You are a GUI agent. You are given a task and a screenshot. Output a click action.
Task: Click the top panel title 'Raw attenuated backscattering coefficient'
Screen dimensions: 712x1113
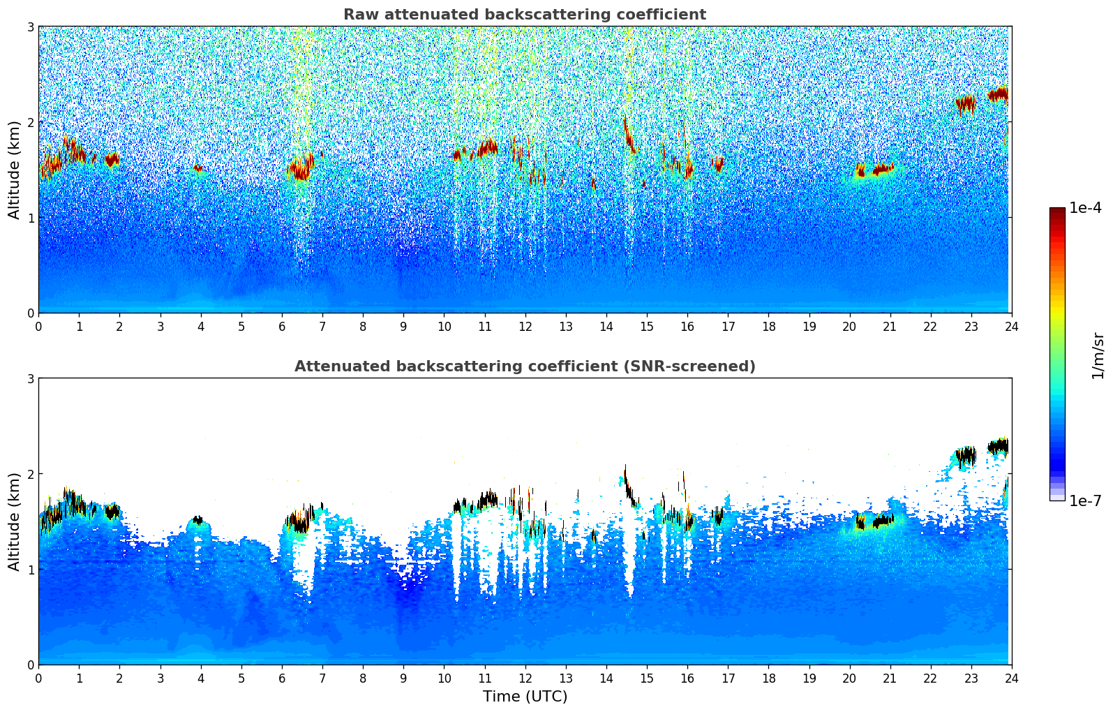[524, 15]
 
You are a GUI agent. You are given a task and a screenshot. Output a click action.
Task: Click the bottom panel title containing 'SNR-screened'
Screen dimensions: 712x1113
[524, 366]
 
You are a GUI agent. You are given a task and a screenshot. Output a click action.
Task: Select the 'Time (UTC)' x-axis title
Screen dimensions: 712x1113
[525, 696]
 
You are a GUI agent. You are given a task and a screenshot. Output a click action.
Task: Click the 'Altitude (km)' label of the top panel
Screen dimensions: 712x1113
[14, 170]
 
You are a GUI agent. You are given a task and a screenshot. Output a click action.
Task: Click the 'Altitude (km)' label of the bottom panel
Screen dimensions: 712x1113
[14, 521]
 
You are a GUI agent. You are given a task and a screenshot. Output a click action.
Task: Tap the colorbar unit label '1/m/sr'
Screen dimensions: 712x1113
[1098, 355]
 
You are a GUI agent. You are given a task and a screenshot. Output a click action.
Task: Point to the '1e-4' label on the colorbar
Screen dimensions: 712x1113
[1085, 208]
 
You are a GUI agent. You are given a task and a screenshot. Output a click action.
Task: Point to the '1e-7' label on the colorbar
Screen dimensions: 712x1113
[1085, 500]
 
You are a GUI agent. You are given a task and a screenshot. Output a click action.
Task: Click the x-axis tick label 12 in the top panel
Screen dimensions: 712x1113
[525, 327]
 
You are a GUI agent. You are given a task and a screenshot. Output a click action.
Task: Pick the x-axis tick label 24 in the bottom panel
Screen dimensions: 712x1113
[1011, 678]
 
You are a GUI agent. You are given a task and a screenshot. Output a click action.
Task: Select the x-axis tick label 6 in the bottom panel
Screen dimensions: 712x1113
[282, 678]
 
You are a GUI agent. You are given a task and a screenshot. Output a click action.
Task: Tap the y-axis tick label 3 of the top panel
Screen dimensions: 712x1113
[31, 27]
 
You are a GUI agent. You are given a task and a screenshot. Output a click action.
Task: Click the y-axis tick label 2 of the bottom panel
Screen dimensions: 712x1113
[31, 474]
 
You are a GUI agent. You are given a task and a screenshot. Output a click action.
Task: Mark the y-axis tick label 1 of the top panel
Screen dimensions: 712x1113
[31, 218]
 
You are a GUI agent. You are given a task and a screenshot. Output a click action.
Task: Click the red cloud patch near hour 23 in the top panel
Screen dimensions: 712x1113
[966, 103]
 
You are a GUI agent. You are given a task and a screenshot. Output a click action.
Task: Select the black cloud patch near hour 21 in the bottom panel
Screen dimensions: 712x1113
[883, 520]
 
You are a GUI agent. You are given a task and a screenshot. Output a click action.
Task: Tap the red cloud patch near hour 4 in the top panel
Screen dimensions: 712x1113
[197, 168]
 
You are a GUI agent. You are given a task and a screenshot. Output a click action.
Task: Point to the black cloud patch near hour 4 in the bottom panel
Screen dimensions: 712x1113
[197, 520]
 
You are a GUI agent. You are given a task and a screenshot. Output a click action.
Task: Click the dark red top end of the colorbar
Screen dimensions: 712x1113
[1056, 211]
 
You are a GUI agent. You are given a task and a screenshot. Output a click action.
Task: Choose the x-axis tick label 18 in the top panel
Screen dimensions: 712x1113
[768, 327]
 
